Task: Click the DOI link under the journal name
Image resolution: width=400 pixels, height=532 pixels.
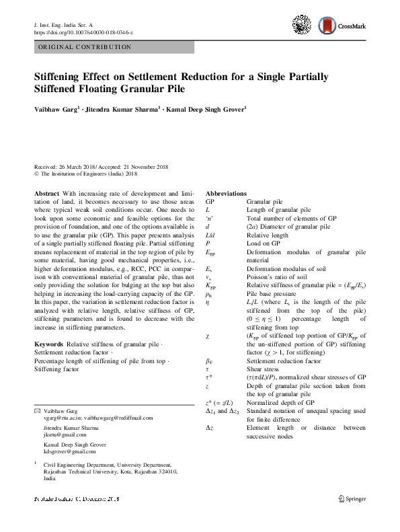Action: [83, 32]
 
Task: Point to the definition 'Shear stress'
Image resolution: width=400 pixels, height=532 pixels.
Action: [263, 369]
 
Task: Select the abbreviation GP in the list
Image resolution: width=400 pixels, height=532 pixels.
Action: [210, 201]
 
